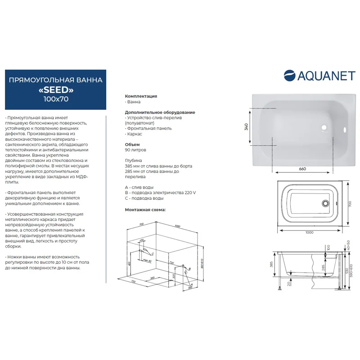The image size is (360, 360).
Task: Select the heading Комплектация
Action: [140, 96]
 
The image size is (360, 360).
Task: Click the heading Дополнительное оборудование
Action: [160, 112]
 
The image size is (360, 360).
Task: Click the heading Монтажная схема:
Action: [145, 210]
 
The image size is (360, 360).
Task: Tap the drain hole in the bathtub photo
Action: [323, 127]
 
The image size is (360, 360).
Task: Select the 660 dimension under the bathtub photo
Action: [302, 169]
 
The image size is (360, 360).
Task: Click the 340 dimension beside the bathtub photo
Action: [246, 127]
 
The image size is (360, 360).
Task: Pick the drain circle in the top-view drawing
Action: [325, 203]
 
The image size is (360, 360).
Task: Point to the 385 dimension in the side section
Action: [271, 265]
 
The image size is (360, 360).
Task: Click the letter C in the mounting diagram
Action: [152, 254]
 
